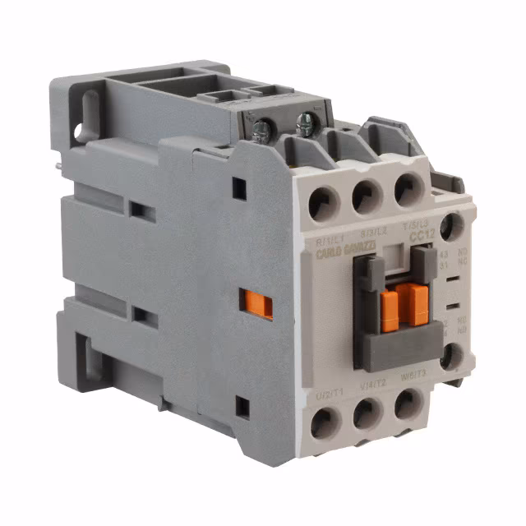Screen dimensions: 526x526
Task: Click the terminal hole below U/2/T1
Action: coord(325,422)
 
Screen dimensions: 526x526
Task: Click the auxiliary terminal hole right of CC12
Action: coord(450,225)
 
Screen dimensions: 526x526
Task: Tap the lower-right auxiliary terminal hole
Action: coord(449,356)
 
